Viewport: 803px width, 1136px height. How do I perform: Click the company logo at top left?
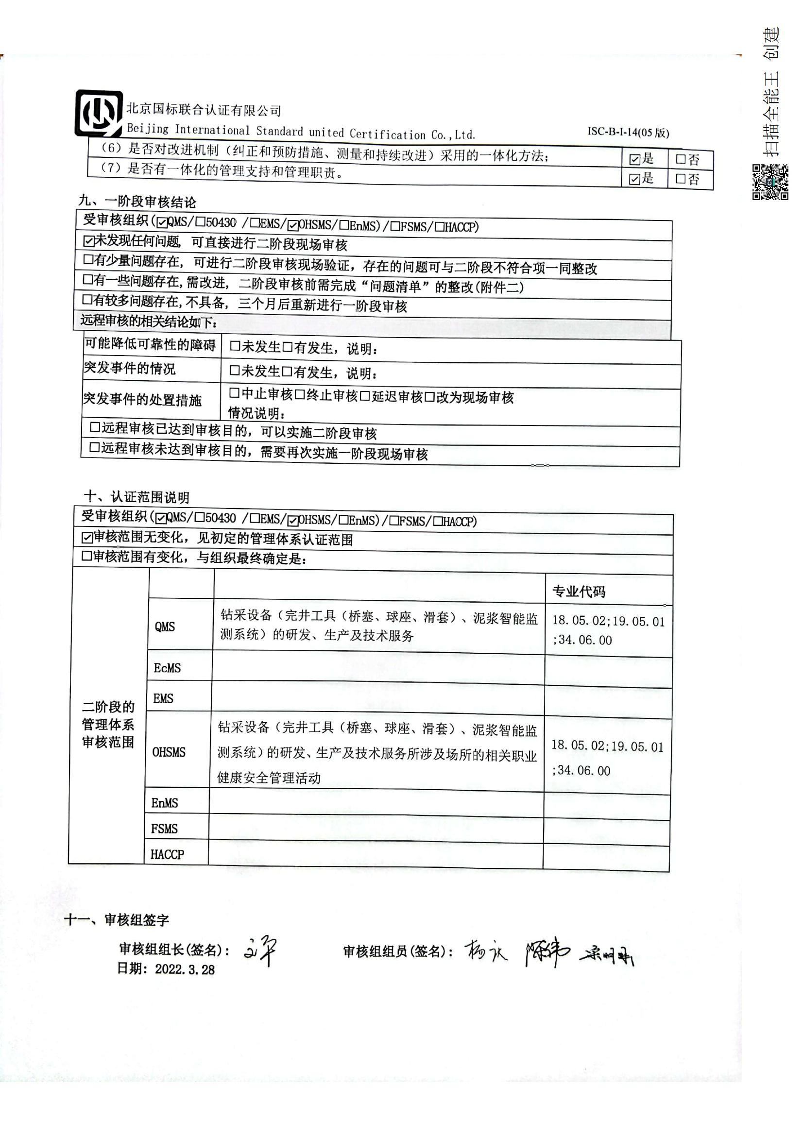point(99,113)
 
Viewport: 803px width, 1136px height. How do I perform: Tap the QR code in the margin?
point(770,182)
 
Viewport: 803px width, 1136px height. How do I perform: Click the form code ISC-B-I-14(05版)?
point(628,133)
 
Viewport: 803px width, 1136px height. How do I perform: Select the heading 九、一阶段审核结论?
point(137,202)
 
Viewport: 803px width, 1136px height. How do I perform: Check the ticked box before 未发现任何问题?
point(88,241)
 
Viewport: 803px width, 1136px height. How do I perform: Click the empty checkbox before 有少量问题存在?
point(88,260)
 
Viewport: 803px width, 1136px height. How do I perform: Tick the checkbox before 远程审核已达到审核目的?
point(95,427)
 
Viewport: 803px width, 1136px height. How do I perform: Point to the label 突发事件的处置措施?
point(142,400)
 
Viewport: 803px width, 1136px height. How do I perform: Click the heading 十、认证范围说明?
point(137,497)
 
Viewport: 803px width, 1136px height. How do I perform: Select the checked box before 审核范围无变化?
point(87,537)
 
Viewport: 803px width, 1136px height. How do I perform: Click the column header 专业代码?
point(579,591)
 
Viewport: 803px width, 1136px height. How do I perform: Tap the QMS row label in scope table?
point(165,627)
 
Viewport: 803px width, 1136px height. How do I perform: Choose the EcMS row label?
point(167,668)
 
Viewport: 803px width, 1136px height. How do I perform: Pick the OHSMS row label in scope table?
point(169,752)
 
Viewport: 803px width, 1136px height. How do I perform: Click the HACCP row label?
point(167,854)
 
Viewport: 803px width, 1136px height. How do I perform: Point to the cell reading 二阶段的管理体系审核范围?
point(108,724)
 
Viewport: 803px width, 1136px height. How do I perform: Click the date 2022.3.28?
point(185,969)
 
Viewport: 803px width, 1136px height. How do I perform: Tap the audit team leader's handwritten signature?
point(260,951)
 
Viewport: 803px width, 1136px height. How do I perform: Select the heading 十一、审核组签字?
point(117,919)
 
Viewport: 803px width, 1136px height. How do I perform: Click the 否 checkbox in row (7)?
point(681,179)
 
